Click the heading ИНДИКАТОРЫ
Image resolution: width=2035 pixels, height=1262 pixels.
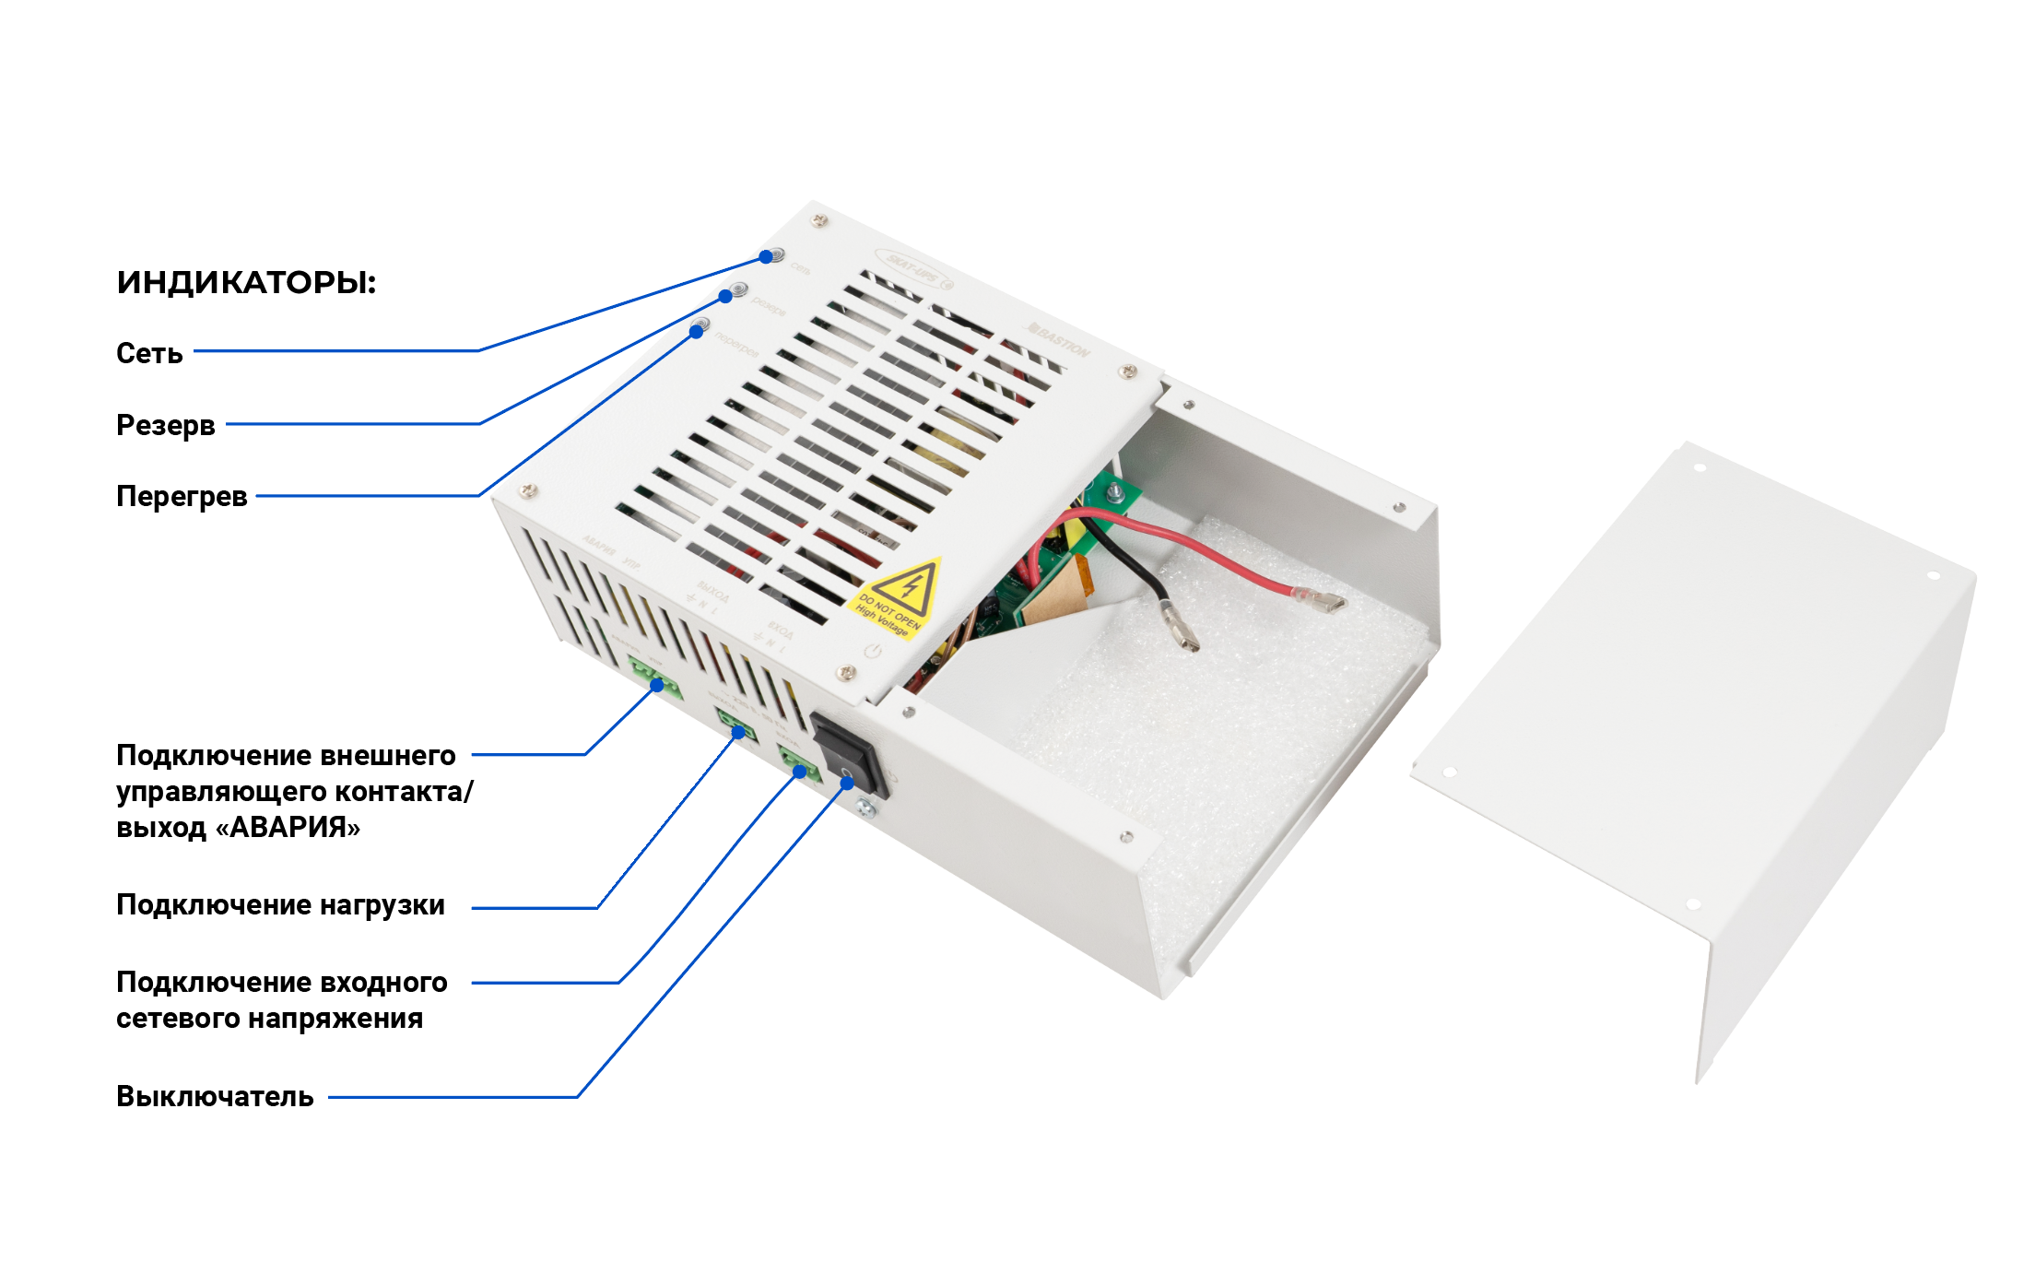pos(246,282)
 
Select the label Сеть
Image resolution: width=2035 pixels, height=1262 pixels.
pos(149,353)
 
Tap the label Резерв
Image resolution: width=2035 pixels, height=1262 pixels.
pos(166,425)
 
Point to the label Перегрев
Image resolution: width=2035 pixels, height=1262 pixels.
pos(182,496)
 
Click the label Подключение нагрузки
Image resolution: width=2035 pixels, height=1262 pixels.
pos(280,905)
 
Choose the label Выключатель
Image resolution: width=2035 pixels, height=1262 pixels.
pos(215,1097)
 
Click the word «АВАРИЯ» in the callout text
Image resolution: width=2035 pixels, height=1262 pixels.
pos(288,828)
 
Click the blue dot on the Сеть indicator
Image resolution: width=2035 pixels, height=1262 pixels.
pos(766,256)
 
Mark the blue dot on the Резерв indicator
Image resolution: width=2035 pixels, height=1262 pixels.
pos(725,296)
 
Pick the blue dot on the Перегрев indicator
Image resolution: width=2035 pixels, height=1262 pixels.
pos(697,331)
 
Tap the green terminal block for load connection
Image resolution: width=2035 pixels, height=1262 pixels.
pos(736,728)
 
